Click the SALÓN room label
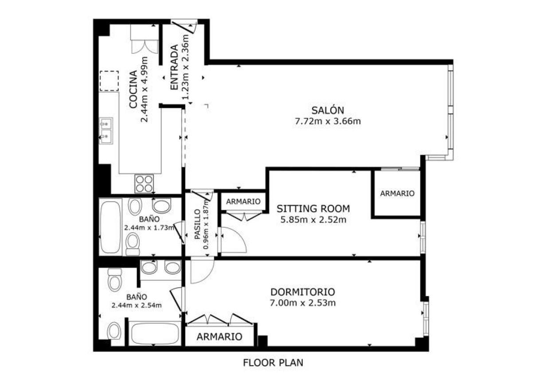(328, 110)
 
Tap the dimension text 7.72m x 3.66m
(328, 121)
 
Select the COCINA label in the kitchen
(133, 90)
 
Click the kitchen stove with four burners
(144, 183)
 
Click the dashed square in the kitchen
(109, 81)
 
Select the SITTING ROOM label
(313, 208)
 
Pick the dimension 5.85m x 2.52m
(313, 219)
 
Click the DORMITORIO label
(303, 292)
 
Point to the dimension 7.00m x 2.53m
(303, 303)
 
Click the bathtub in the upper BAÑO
(110, 226)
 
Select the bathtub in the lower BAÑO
(155, 333)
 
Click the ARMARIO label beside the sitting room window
(397, 193)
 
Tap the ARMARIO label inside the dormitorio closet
(219, 337)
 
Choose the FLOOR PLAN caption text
(273, 363)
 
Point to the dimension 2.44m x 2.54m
(137, 305)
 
